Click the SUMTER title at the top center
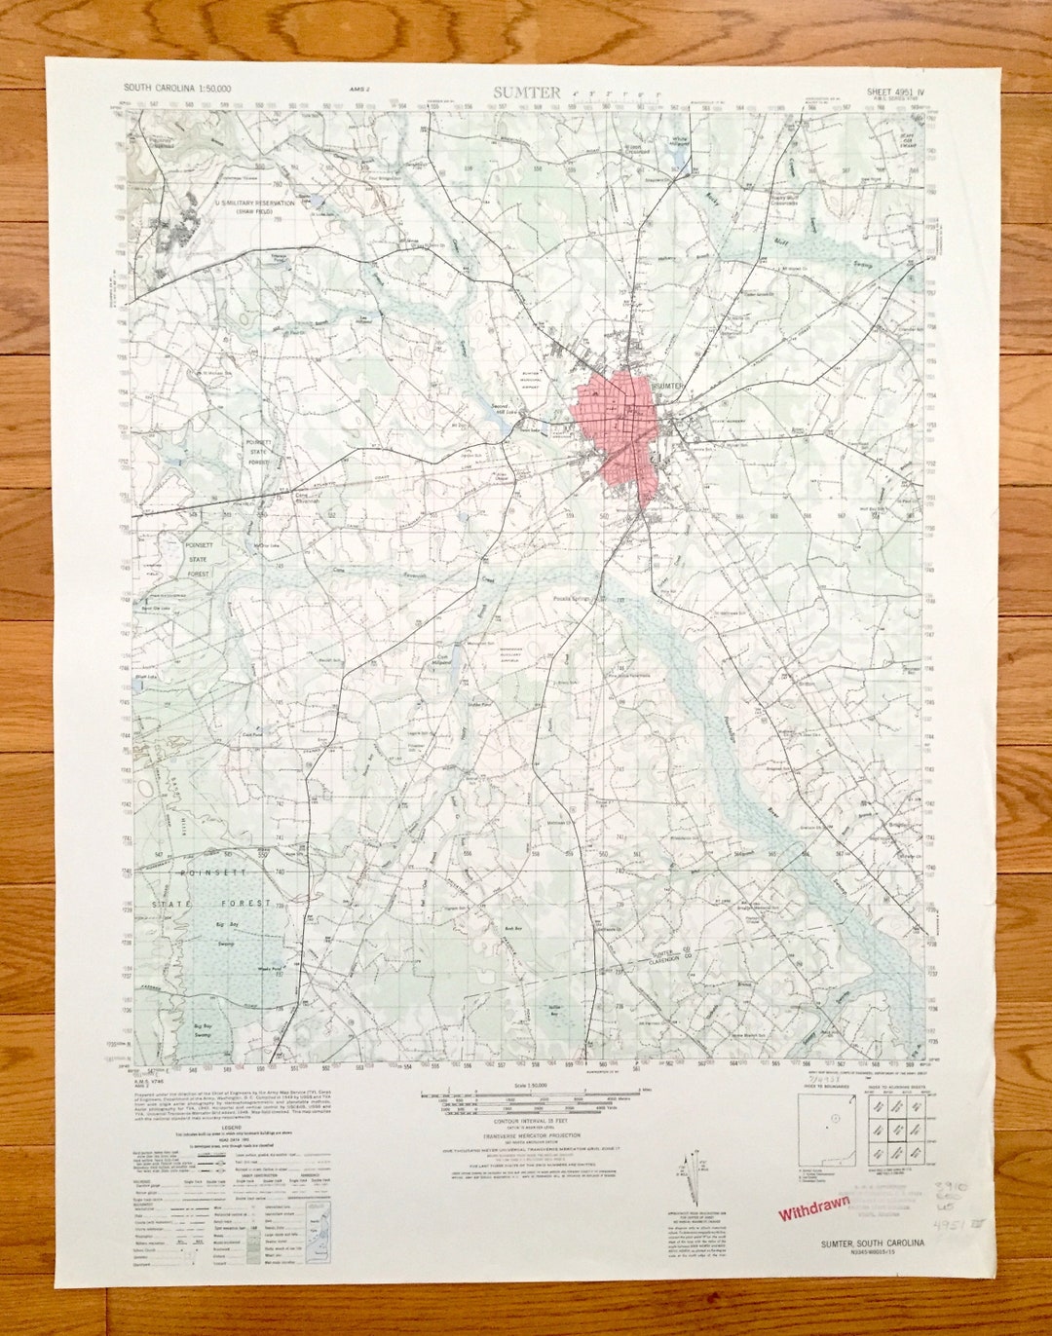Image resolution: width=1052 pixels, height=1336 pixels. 526,93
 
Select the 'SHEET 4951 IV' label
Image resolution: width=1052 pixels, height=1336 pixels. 895,92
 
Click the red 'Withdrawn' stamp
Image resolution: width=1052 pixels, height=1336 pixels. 812,1209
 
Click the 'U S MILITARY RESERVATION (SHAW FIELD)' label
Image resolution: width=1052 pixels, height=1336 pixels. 254,206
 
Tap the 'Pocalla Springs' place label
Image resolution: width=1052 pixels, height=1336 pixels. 573,599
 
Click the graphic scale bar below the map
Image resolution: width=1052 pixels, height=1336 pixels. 524,1098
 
